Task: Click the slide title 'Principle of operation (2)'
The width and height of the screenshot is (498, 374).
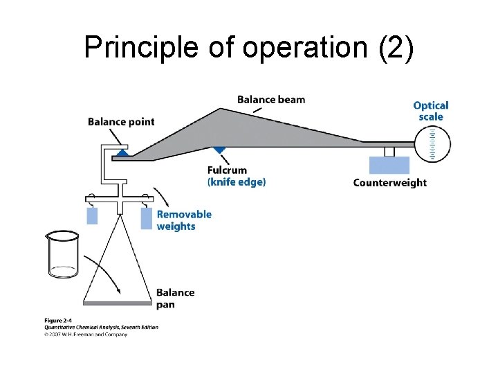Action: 249,47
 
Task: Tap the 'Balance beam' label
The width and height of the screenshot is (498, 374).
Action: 270,100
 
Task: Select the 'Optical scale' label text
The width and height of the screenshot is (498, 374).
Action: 430,111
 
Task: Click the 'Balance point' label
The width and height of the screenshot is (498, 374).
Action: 121,122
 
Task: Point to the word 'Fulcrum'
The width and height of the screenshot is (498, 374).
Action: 227,170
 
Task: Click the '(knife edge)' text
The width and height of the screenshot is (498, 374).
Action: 237,182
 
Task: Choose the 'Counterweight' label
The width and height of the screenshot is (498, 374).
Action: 389,183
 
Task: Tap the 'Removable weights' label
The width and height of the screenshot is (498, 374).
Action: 184,220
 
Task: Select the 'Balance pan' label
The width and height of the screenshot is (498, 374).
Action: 175,298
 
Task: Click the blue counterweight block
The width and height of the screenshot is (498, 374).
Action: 389,165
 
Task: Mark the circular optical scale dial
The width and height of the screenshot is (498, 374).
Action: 432,144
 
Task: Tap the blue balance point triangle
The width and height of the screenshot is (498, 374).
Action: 122,151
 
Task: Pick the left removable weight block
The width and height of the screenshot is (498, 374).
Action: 92,215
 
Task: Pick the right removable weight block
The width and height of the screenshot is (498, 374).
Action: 146,218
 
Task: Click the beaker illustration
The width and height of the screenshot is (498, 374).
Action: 62,254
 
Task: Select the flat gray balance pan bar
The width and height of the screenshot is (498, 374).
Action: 117,302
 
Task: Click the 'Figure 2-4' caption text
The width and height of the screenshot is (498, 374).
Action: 62,320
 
